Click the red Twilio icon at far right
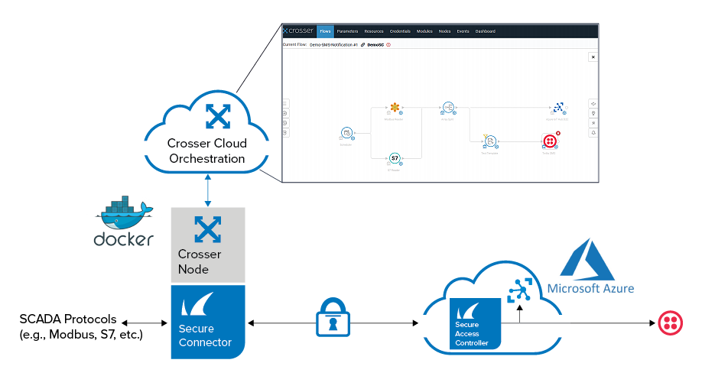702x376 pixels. (670, 323)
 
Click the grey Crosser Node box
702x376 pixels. (207, 245)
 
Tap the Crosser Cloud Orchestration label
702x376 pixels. (206, 151)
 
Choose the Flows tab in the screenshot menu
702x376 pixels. (325, 31)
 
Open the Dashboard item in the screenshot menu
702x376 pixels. (485, 31)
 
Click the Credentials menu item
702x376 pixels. (400, 31)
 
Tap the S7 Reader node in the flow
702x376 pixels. (395, 158)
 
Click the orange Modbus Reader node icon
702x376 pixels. (395, 107)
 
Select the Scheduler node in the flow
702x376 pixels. (346, 133)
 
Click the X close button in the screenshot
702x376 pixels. (593, 57)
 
